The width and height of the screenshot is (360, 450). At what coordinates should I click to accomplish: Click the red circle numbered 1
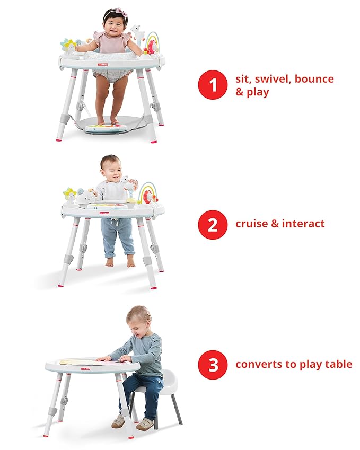click(213, 85)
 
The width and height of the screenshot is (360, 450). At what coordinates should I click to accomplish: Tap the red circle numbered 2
click(213, 224)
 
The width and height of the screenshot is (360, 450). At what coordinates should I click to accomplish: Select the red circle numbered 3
click(213, 365)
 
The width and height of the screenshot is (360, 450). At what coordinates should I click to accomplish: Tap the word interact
click(303, 224)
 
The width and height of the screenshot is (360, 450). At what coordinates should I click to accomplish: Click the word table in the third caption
click(338, 365)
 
